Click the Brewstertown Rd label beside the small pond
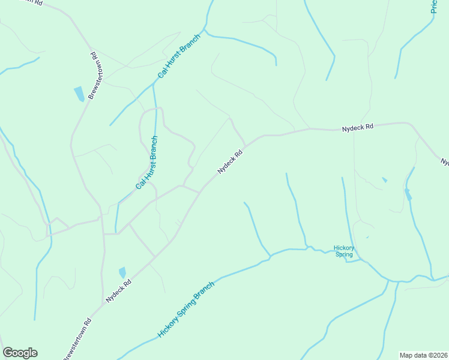(x=93, y=76)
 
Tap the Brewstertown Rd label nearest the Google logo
(x=78, y=340)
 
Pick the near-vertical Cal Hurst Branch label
(x=147, y=163)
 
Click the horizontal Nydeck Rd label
(x=358, y=127)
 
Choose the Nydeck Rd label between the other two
(x=230, y=162)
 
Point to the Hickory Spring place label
(x=344, y=251)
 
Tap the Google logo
(x=20, y=353)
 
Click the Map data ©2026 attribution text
(x=423, y=355)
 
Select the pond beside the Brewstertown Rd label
(x=79, y=94)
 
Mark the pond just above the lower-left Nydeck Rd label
(x=122, y=272)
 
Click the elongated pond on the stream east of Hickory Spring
(x=408, y=194)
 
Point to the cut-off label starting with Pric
(x=434, y=7)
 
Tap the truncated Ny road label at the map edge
(x=444, y=162)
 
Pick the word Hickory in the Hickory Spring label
(x=344, y=247)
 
